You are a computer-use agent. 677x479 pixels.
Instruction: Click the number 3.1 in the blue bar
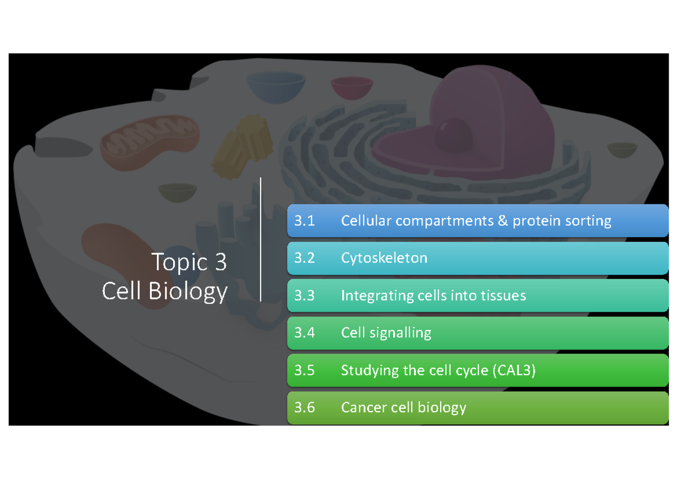(304, 221)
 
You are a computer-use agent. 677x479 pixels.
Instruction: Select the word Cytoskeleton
(384, 258)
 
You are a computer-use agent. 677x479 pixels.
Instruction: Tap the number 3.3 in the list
(304, 295)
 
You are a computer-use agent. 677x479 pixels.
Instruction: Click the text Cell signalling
(386, 333)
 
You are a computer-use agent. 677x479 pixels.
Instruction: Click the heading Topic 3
(189, 262)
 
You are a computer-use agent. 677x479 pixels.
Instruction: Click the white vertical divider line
(261, 239)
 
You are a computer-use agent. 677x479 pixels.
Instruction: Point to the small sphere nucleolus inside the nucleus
(456, 133)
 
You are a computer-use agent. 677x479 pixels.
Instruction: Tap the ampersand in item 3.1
(503, 221)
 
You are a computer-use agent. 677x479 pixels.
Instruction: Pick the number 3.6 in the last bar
(304, 407)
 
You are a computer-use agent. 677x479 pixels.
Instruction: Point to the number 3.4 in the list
(304, 333)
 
